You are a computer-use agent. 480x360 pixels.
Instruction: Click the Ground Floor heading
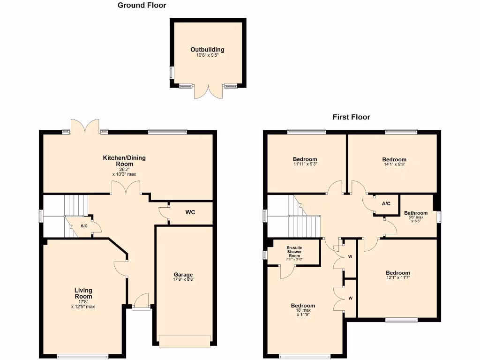pos(142,6)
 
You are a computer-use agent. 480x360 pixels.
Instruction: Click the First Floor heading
pos(351,117)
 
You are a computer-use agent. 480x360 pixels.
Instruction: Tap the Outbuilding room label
pos(207,50)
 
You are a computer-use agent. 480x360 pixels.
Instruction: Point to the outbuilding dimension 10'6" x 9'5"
pos(207,55)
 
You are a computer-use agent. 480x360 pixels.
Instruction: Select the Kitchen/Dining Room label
pos(124,161)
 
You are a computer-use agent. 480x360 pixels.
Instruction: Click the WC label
pos(190,212)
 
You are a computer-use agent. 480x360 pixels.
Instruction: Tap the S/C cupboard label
pos(84,226)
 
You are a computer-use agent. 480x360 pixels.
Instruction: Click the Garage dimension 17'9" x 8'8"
pos(184,279)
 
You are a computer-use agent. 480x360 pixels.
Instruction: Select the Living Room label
pos(83,293)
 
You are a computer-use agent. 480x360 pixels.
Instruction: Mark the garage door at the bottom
pos(184,341)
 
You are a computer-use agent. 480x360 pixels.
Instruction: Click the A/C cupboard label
pos(386,204)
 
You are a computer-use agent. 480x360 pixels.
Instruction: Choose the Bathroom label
pos(416,213)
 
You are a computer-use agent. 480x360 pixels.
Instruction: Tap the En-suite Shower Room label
pos(294,251)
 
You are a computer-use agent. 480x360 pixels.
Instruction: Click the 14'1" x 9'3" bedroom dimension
pos(394,165)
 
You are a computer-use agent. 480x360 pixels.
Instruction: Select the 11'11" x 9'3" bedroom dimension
pos(305,164)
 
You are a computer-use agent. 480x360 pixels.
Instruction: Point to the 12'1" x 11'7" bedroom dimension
pos(397,278)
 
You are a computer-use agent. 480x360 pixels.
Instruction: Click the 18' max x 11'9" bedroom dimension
pos(303,312)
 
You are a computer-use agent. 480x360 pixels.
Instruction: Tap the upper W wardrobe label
pos(350,256)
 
